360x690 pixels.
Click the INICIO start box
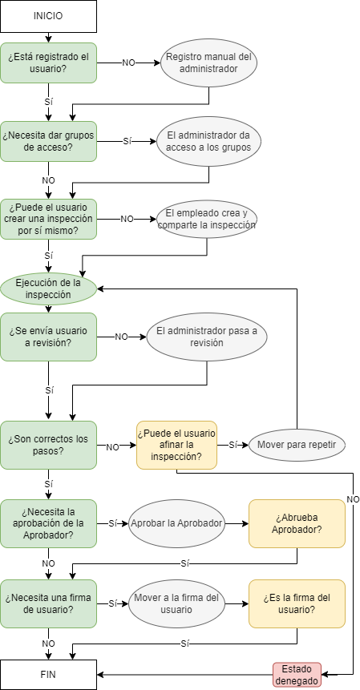[48, 16]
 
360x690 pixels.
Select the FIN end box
[48, 674]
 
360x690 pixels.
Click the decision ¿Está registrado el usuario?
[48, 63]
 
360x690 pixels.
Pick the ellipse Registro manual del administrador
[208, 63]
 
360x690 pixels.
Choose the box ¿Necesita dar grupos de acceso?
[48, 141]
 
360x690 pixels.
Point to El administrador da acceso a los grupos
[208, 141]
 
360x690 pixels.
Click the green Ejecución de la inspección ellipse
[48, 289]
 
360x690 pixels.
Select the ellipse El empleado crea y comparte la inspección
[206, 219]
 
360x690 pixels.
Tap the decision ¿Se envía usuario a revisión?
[48, 337]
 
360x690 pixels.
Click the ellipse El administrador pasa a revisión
[206, 337]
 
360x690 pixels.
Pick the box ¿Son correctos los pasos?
[48, 445]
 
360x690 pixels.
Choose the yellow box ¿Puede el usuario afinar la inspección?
[177, 445]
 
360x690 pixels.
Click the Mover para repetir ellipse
[297, 445]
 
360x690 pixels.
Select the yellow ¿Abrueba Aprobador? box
[297, 523]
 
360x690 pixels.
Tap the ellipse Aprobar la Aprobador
[177, 523]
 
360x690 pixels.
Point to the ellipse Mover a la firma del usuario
[177, 603]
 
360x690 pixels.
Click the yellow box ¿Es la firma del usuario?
[297, 603]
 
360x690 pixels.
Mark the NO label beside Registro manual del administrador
[128, 63]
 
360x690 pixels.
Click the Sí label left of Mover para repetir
[233, 445]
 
